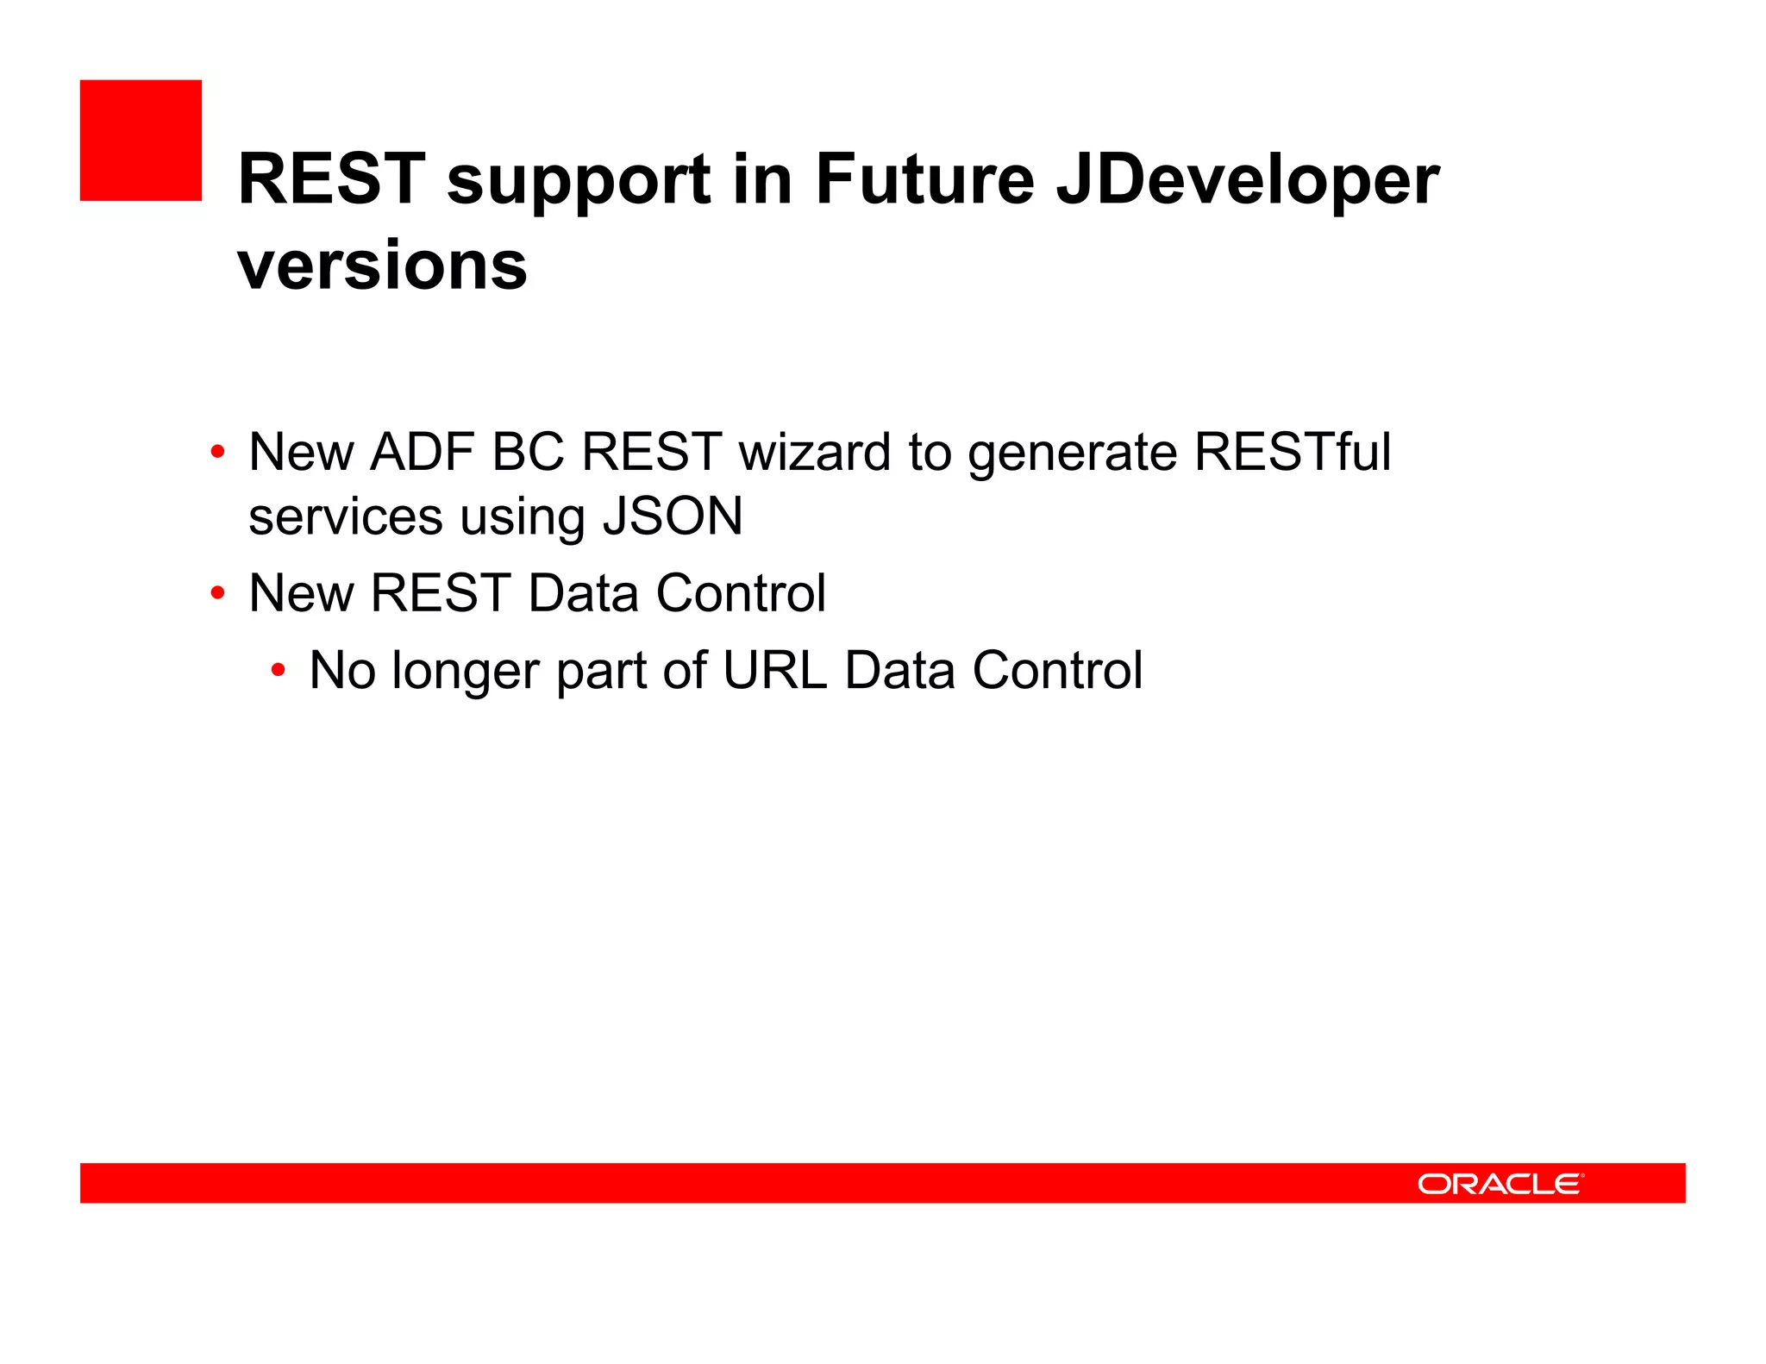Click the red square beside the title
[x=141, y=141]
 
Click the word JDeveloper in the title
[x=1248, y=179]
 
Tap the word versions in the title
[x=382, y=266]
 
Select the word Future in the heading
[x=924, y=179]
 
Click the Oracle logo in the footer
[x=1500, y=1183]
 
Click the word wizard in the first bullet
[x=814, y=452]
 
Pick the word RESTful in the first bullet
[x=1292, y=452]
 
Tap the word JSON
[x=672, y=516]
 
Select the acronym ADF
[x=423, y=452]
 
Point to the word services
[x=346, y=517]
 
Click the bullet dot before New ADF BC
[x=218, y=452]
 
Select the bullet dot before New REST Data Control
[x=218, y=593]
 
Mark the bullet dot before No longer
[x=278, y=670]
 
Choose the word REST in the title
[x=332, y=179]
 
